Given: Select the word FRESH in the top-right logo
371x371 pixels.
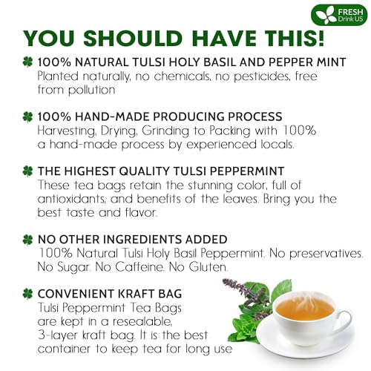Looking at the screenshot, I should pyautogui.click(x=349, y=10).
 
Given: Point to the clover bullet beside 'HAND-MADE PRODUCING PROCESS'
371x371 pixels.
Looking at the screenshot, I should pyautogui.click(x=27, y=116).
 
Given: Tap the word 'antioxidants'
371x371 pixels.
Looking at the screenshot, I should pyautogui.click(x=77, y=199).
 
